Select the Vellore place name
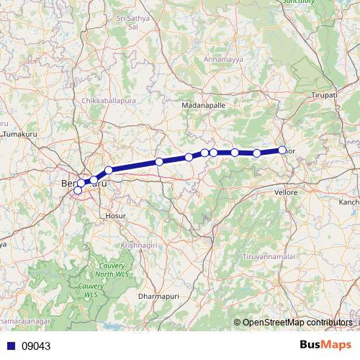(x=287, y=194)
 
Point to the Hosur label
(x=115, y=215)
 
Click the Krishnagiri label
(x=140, y=245)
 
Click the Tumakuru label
(x=20, y=135)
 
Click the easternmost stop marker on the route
(x=282, y=150)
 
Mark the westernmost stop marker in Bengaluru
(x=78, y=190)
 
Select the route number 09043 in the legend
(x=37, y=346)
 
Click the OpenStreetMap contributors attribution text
(x=297, y=323)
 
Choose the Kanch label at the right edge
(x=349, y=202)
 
